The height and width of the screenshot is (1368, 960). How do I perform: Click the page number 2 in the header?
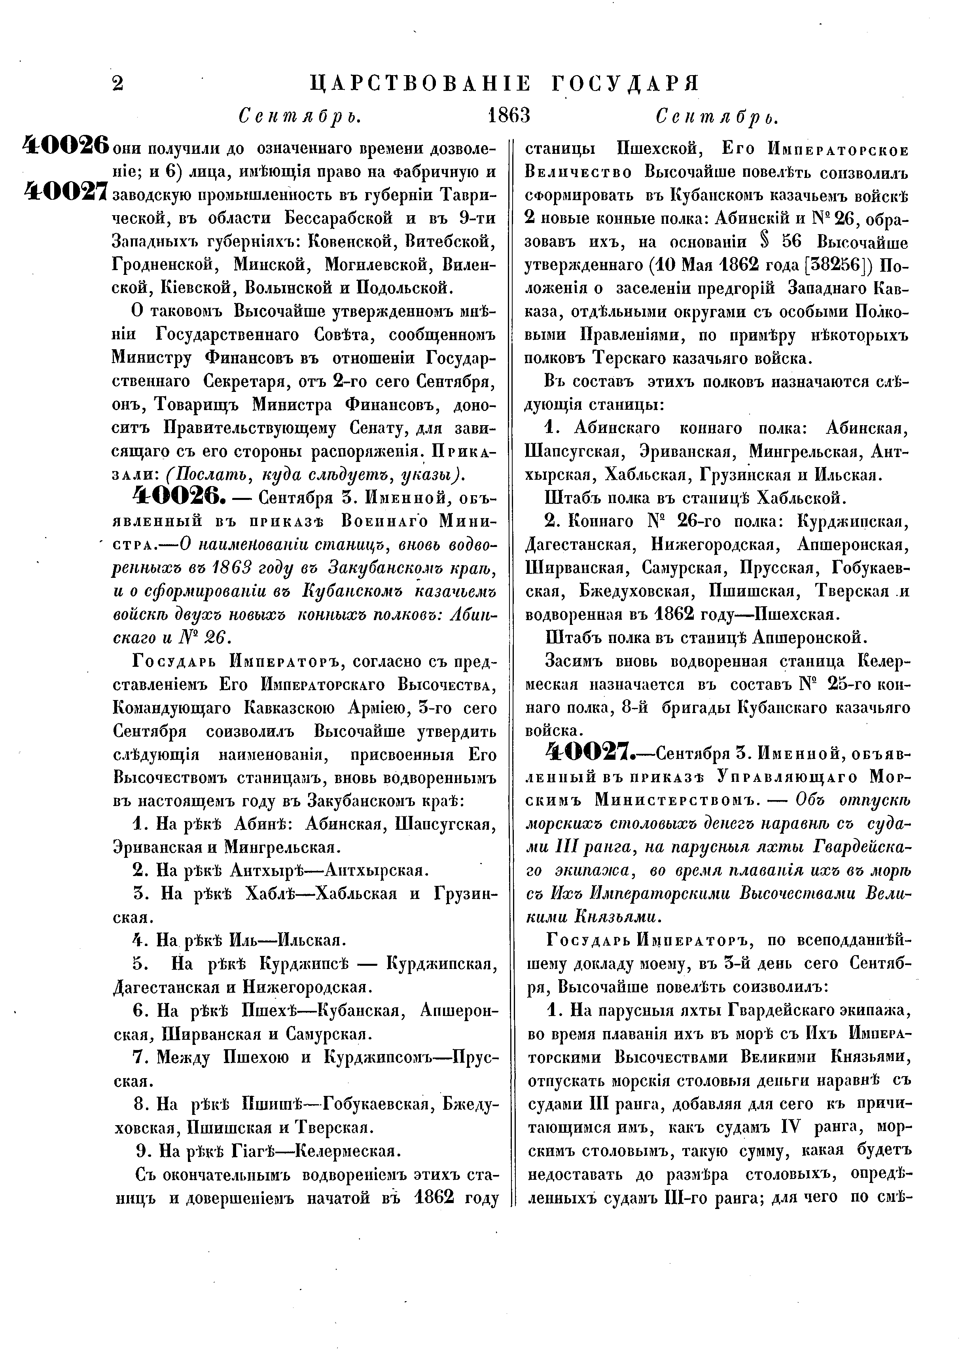tap(118, 84)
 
